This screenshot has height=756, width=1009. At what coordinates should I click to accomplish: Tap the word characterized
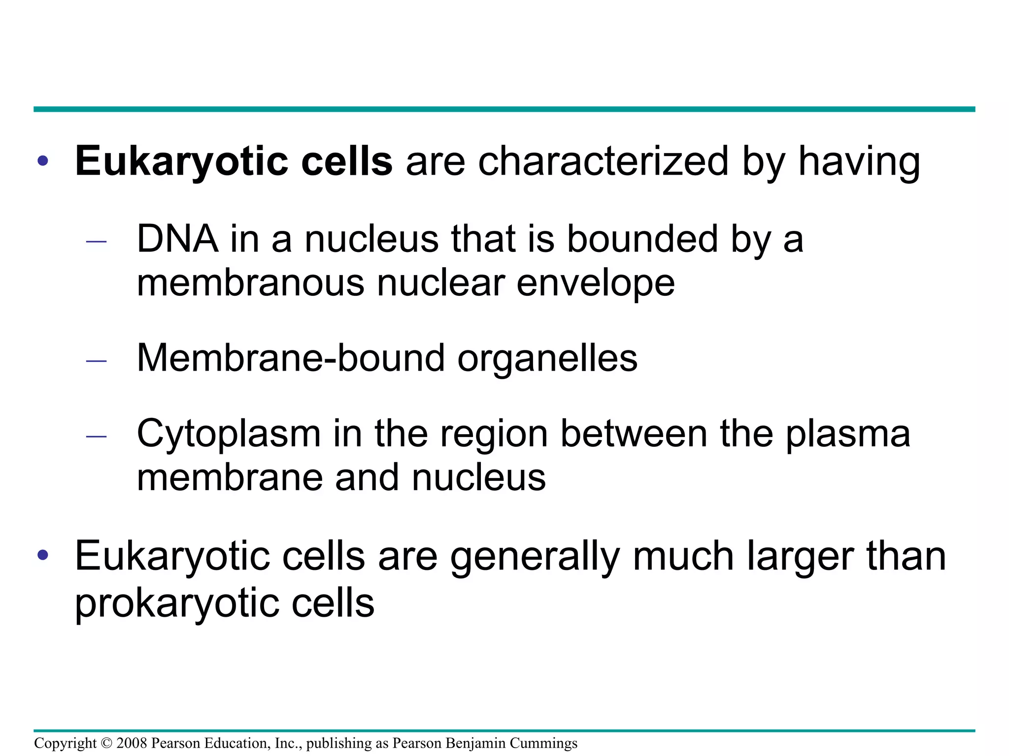[603, 161]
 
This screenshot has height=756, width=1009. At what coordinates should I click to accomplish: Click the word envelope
[595, 284]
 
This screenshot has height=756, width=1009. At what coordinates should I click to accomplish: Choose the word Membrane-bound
[291, 358]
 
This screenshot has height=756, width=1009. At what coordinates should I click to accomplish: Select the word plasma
[847, 435]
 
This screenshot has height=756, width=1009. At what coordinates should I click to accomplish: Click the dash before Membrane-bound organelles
[96, 361]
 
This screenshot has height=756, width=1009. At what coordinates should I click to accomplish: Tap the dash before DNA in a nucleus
[96, 242]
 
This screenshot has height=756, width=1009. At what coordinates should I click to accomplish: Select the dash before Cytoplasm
[96, 437]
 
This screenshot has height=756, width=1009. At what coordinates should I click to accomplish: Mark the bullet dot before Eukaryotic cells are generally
[43, 556]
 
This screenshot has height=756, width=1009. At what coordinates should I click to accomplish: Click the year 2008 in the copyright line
[132, 743]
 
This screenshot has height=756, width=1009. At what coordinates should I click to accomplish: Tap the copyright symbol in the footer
[106, 743]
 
